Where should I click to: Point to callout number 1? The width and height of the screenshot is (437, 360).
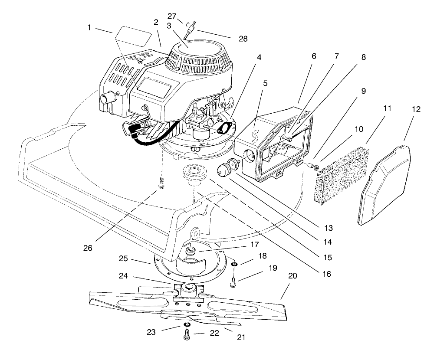pos(89,28)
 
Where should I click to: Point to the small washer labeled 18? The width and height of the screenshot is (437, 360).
pos(233,265)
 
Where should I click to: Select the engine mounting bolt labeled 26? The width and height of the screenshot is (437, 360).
pos(161,185)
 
